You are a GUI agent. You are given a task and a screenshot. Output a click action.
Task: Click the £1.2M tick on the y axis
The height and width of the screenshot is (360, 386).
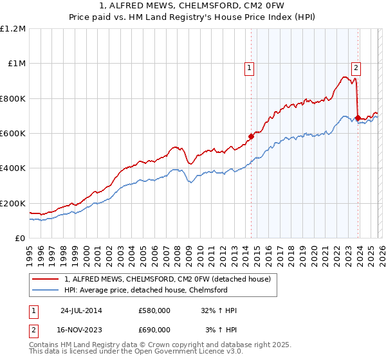13,28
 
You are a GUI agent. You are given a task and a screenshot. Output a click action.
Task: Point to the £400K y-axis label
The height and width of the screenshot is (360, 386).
13,168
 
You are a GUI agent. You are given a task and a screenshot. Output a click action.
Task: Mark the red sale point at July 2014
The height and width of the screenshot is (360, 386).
251,136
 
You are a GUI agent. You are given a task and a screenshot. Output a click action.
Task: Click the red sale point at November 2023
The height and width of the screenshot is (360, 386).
358,118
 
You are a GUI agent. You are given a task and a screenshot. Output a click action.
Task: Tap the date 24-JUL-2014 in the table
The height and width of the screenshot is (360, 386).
81,310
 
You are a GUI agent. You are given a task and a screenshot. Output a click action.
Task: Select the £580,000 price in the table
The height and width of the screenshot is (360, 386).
154,310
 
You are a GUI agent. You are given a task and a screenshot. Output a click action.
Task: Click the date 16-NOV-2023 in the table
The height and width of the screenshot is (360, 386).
81,329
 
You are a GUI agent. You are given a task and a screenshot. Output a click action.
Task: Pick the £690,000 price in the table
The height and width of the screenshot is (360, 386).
154,329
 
